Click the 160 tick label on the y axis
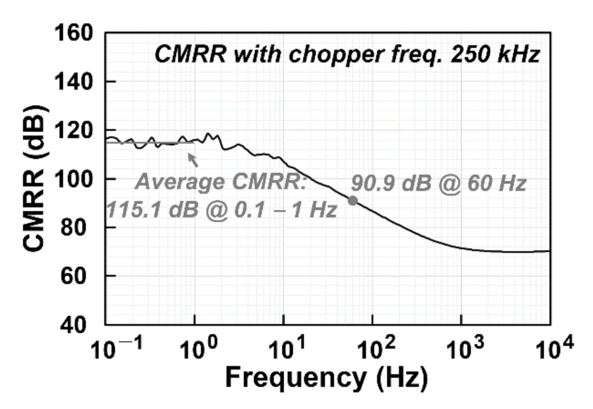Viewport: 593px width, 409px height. pyautogui.click(x=74, y=33)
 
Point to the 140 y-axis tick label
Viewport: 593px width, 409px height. pyautogui.click(x=74, y=81)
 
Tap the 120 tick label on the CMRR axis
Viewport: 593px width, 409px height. pyautogui.click(x=74, y=130)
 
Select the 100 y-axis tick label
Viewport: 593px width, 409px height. pyautogui.click(x=74, y=179)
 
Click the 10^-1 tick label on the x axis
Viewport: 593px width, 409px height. pyautogui.click(x=117, y=349)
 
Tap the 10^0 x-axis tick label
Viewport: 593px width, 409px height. pyautogui.click(x=198, y=349)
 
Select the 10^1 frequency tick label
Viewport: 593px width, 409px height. pyautogui.click(x=288, y=349)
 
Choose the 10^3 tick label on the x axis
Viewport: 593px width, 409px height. pyautogui.click(x=465, y=349)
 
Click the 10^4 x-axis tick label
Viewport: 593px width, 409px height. pyautogui.click(x=555, y=349)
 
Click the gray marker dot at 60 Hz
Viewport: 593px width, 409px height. pyautogui.click(x=353, y=201)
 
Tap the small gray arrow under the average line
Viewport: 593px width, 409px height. pyautogui.click(x=193, y=160)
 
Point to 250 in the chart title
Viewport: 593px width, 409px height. pyautogui.click(x=468, y=54)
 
